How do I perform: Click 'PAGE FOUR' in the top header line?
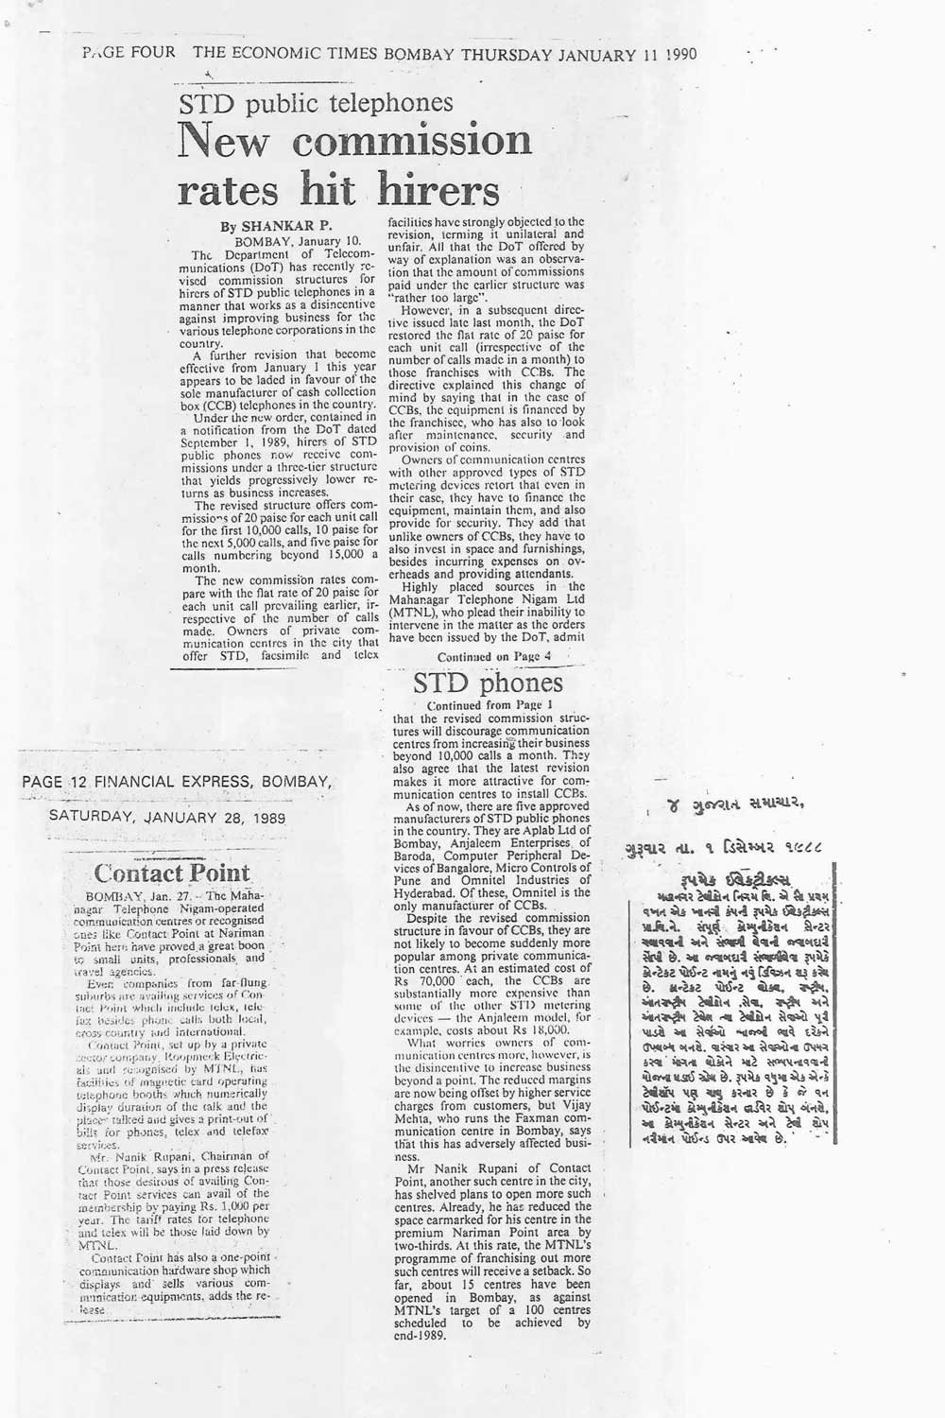point(128,53)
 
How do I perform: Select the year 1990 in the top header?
point(679,53)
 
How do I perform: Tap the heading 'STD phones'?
point(488,682)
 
